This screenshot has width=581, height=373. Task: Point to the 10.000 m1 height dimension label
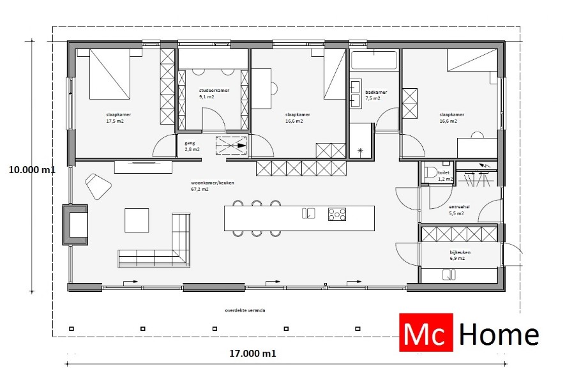(x=32, y=170)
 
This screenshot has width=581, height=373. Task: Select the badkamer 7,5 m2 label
(x=372, y=95)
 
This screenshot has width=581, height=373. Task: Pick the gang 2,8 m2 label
(x=192, y=146)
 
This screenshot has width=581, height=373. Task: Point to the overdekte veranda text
(x=245, y=310)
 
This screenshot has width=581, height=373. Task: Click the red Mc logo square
(x=426, y=333)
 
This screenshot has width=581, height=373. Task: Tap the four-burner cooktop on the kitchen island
(x=338, y=214)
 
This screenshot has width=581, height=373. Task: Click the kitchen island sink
(x=308, y=213)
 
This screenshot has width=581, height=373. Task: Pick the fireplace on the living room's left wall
(x=75, y=224)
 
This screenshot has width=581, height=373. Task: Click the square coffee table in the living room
(x=137, y=220)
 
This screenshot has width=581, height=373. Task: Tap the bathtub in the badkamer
(x=374, y=62)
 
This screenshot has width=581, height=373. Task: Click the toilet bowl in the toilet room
(x=431, y=172)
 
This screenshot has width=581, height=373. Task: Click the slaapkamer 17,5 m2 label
(x=114, y=118)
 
